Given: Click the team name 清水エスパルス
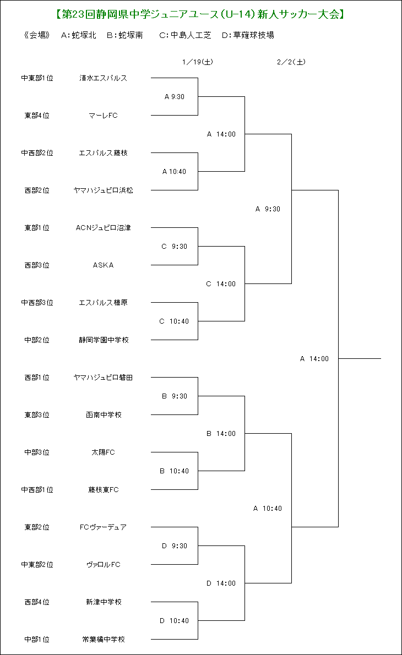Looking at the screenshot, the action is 103,78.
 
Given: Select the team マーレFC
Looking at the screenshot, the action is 103,115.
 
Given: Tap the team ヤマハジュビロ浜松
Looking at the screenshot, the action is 103,190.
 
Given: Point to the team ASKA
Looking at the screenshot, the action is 103,265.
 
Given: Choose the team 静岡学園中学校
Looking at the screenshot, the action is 104,340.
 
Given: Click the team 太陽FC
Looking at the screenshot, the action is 103,452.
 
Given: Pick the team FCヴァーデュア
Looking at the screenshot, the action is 103,527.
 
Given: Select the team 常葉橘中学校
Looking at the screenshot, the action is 104,639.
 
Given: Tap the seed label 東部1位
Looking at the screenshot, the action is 37,228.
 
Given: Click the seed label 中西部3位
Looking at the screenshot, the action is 37,302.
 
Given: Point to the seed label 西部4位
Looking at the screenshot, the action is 37,602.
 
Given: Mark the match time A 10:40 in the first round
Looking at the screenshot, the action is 174,172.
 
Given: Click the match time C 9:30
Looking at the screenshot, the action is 174,247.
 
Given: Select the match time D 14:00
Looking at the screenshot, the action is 221,583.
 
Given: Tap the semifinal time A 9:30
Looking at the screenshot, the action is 268,209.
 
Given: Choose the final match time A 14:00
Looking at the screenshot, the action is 314,359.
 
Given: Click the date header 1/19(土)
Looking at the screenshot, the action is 198,62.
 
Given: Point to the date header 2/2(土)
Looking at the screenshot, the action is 291,62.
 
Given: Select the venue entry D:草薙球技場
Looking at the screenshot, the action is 248,35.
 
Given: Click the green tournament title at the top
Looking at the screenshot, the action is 200,14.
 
